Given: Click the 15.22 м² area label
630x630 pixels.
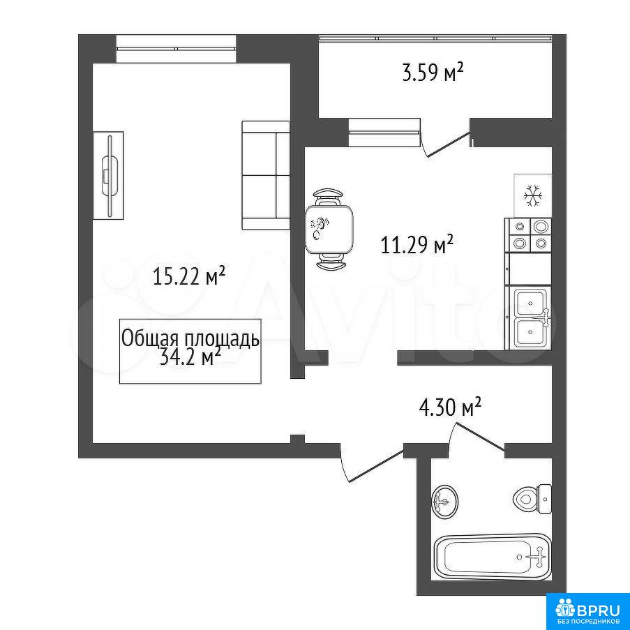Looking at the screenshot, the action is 188,276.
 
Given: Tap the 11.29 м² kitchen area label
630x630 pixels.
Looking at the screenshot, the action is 417,245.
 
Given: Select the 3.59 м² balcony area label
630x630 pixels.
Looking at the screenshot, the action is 433,73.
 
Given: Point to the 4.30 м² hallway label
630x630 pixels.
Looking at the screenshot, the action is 449,407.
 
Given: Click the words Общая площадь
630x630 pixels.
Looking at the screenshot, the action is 190,338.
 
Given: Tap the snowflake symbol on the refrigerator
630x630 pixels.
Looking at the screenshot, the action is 533,195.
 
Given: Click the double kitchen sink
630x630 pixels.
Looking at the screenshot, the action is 531,317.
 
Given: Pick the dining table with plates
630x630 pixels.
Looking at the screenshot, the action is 329,229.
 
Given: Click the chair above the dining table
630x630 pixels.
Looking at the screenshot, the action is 329,196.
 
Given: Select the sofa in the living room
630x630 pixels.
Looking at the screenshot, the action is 266,176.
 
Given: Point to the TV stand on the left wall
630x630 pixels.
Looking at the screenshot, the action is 108,176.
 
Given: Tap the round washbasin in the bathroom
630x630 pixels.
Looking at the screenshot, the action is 445,501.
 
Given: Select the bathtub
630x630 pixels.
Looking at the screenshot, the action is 492,557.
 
